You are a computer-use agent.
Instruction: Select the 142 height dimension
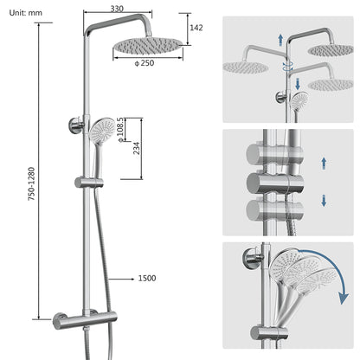196,29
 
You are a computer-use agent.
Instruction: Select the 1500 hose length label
146,279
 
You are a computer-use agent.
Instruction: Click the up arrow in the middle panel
323,162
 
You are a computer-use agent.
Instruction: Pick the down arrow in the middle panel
323,200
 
